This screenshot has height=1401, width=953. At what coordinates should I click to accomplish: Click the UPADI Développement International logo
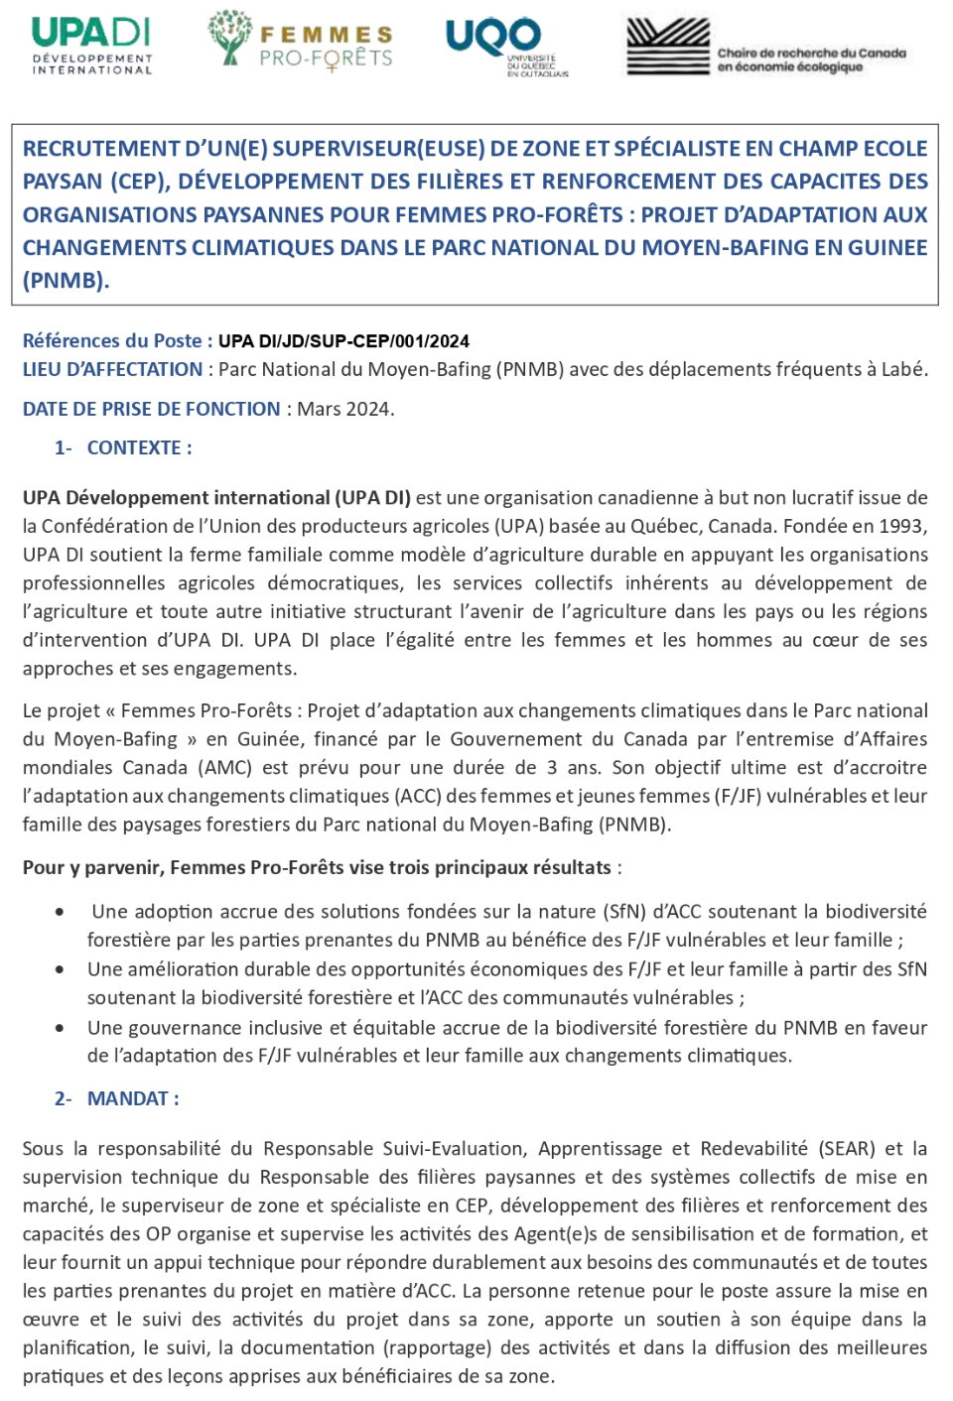[91, 45]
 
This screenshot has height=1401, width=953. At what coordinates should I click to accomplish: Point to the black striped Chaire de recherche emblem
[667, 46]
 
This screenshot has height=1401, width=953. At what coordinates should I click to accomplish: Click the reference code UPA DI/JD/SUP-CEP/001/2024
[343, 341]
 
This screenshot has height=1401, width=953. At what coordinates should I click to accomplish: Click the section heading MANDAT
[133, 1098]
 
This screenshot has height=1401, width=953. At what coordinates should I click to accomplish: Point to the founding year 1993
[902, 526]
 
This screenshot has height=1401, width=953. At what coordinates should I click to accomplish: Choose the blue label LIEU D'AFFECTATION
[112, 369]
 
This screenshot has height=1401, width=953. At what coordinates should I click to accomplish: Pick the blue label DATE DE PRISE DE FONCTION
[151, 409]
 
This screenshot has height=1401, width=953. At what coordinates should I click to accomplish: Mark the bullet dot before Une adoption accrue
[62, 912]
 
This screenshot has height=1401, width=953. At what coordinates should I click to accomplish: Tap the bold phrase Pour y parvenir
[91, 868]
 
